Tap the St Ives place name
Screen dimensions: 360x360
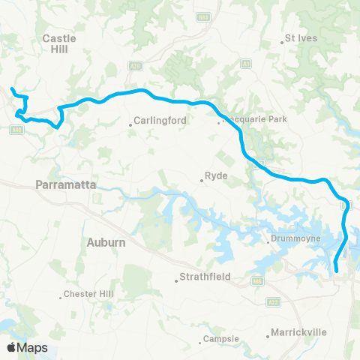pos(301,37)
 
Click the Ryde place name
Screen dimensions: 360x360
pos(215,177)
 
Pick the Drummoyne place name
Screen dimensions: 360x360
pos(298,240)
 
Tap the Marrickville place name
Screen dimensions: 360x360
pos(295,331)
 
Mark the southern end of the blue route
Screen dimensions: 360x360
pos(336,270)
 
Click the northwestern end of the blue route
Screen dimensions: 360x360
pos(12,90)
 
